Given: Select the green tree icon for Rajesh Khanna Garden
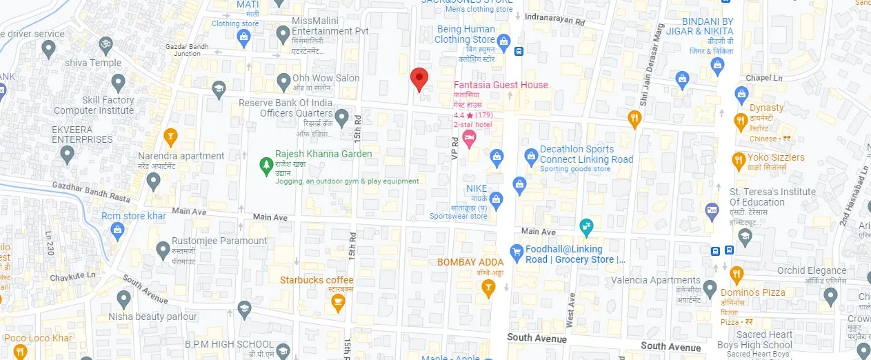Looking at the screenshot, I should coord(266,164).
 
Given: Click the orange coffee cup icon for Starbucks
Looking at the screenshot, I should coord(337,303).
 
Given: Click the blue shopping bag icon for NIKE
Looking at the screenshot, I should coord(496,199).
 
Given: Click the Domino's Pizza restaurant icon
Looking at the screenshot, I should coord(737,275).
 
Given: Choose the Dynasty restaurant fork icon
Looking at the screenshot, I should coord(741,122).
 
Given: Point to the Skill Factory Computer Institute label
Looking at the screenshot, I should coord(94,105).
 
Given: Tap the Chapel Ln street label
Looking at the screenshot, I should coord(764,78).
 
